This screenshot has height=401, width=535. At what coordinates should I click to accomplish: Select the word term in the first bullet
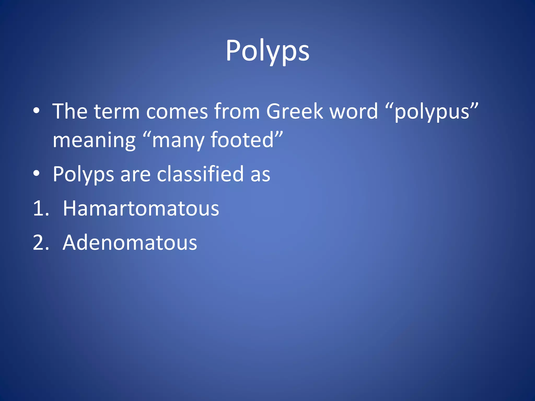coord(117,111)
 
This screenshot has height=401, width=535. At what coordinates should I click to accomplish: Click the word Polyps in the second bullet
coord(83,174)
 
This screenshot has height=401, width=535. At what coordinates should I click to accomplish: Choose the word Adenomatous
coord(130,243)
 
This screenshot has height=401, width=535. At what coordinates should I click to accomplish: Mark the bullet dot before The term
coord(37,111)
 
